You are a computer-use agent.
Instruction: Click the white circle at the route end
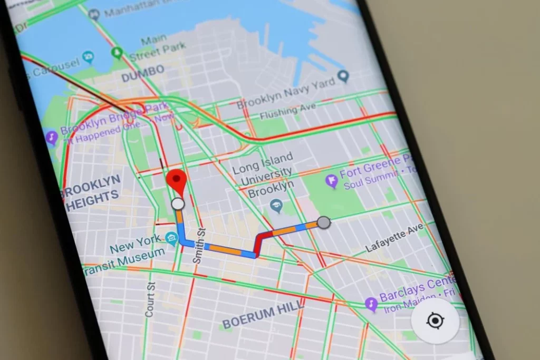178,204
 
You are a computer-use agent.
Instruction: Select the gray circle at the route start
324,222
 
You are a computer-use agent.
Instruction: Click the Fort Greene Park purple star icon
332,182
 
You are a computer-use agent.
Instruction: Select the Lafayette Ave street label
395,238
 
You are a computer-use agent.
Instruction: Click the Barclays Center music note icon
371,304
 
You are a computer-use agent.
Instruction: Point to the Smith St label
198,245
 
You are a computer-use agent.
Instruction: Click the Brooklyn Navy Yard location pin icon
344,77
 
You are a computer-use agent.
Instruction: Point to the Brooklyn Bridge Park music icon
52,138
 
